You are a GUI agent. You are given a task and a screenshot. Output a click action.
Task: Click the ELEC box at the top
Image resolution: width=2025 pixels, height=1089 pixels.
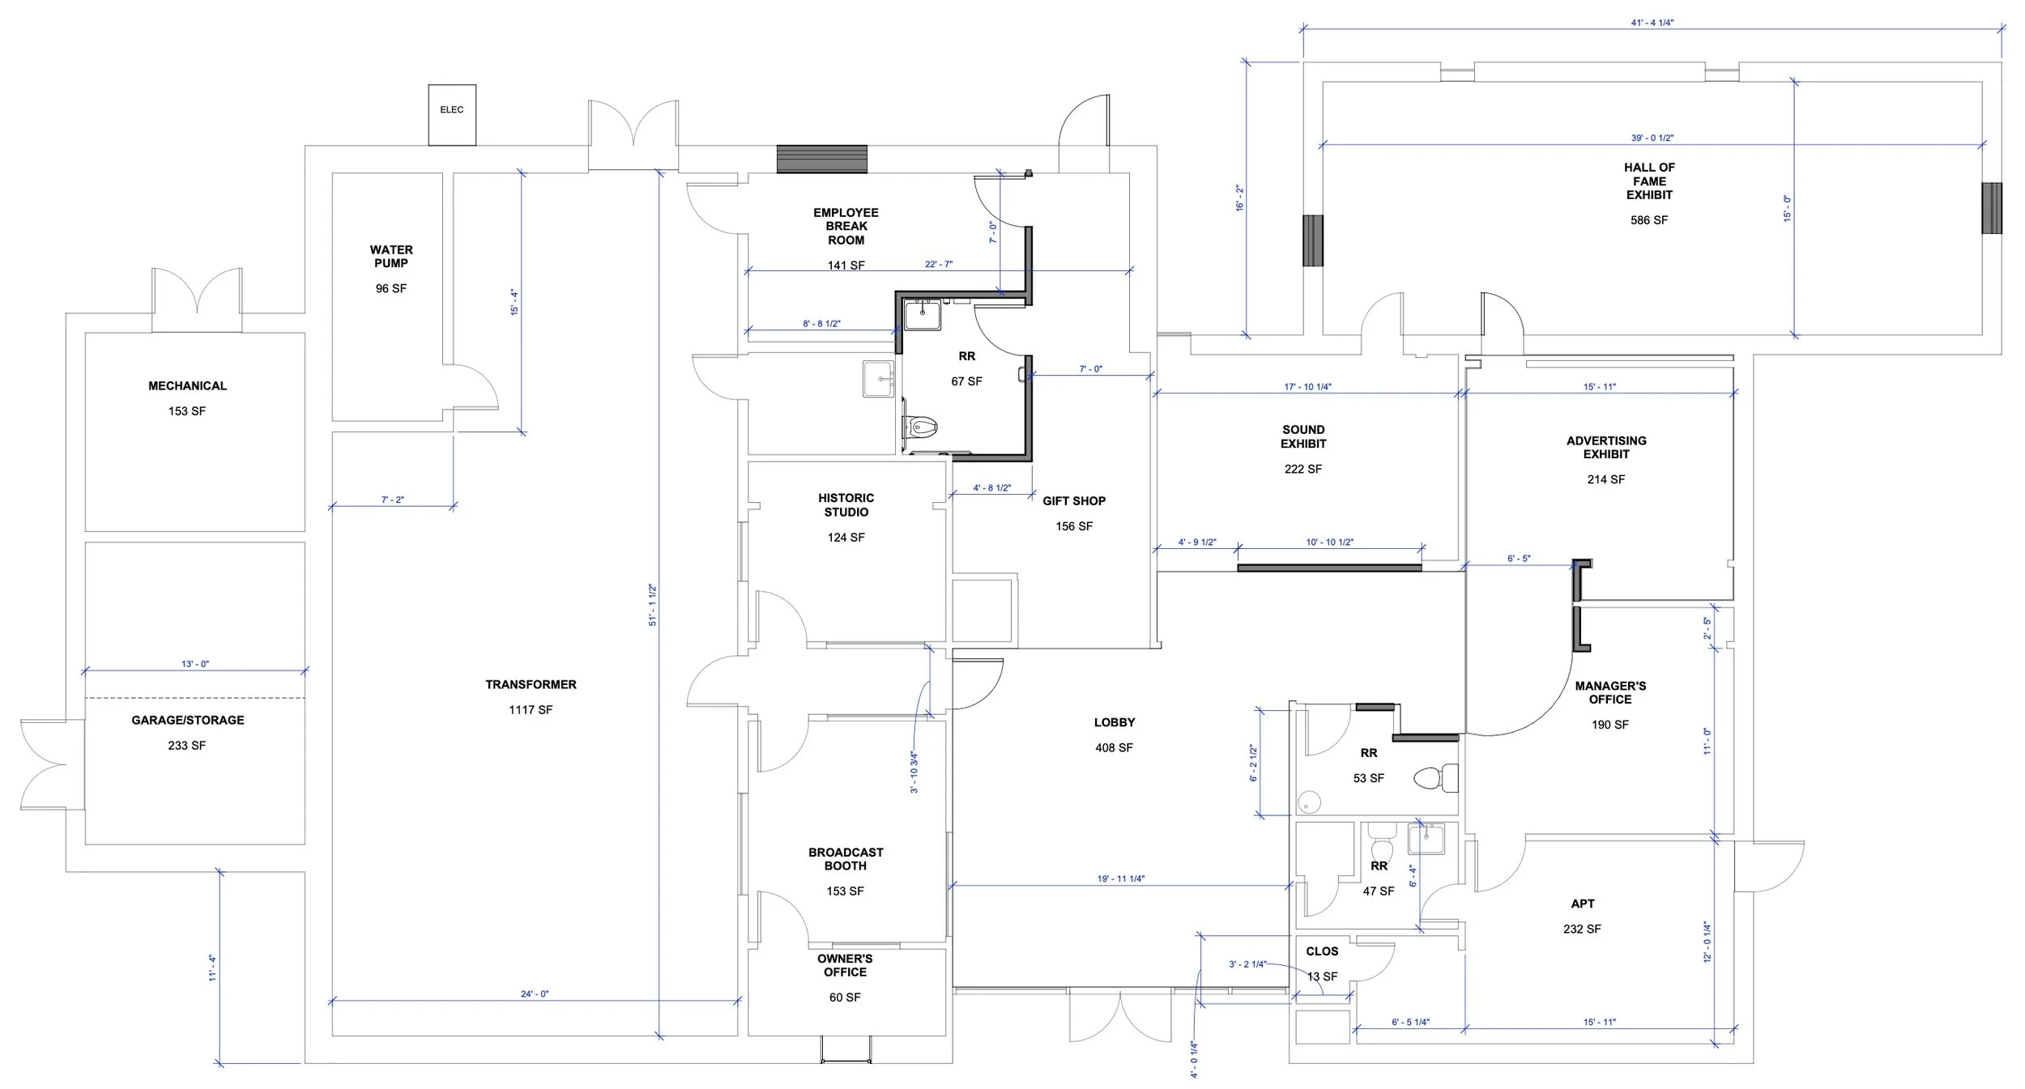pyautogui.click(x=452, y=110)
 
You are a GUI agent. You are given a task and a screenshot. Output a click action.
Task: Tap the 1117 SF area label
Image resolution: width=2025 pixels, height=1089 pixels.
pyautogui.click(x=531, y=710)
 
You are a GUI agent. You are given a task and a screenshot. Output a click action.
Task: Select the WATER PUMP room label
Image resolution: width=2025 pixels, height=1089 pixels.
pyautogui.click(x=391, y=257)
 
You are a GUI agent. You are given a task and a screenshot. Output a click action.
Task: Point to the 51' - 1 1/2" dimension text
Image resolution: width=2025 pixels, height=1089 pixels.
pyautogui.click(x=653, y=605)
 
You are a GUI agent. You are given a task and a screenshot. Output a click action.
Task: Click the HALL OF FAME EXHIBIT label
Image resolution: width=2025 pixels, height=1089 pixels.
pyautogui.click(x=1649, y=181)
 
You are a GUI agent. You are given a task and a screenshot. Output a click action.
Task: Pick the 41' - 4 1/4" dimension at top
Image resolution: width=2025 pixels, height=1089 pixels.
pyautogui.click(x=1652, y=23)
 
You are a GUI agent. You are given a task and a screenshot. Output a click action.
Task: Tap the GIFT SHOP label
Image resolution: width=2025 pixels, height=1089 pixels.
pyautogui.click(x=1074, y=501)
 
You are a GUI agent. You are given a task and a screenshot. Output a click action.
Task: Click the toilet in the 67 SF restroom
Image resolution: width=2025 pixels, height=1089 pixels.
pyautogui.click(x=922, y=425)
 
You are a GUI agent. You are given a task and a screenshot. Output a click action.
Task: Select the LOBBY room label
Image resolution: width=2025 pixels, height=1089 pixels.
pyautogui.click(x=1115, y=722)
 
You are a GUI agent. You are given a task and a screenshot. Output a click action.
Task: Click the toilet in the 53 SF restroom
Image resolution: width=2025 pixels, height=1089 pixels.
pyautogui.click(x=1430, y=779)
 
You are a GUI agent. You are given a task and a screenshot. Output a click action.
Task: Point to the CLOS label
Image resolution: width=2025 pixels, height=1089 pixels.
pyautogui.click(x=1322, y=951)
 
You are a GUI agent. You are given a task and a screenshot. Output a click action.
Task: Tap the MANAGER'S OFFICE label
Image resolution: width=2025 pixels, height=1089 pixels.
pyautogui.click(x=1610, y=692)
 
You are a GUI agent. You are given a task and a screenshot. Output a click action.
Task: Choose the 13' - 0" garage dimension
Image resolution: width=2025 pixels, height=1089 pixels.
pyautogui.click(x=195, y=664)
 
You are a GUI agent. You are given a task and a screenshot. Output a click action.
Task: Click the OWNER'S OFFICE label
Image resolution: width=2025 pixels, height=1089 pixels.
pyautogui.click(x=845, y=965)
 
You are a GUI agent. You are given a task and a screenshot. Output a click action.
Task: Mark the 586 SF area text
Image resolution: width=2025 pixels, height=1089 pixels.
pyautogui.click(x=1649, y=220)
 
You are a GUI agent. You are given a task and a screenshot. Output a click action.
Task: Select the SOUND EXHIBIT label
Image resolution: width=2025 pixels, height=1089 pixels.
pyautogui.click(x=1303, y=436)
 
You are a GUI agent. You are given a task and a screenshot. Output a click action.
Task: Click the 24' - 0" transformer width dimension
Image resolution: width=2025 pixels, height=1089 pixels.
pyautogui.click(x=535, y=993)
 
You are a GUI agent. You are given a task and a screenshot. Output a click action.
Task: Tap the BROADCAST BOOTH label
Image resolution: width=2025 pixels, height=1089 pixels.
pyautogui.click(x=846, y=859)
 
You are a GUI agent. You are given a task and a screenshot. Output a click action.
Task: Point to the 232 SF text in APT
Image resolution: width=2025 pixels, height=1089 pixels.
pyautogui.click(x=1582, y=929)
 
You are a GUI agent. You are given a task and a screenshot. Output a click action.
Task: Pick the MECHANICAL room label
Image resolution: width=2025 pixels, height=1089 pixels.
pyautogui.click(x=187, y=386)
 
